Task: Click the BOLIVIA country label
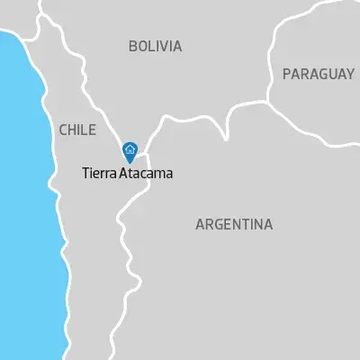[155, 46]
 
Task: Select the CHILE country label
[76, 130]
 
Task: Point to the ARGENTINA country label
[234, 224]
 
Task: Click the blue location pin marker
[130, 151]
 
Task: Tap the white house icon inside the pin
[130, 149]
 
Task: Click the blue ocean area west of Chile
[22, 180]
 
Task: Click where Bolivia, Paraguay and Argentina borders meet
[269, 99]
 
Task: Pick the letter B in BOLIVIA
[132, 46]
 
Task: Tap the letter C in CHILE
[61, 130]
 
